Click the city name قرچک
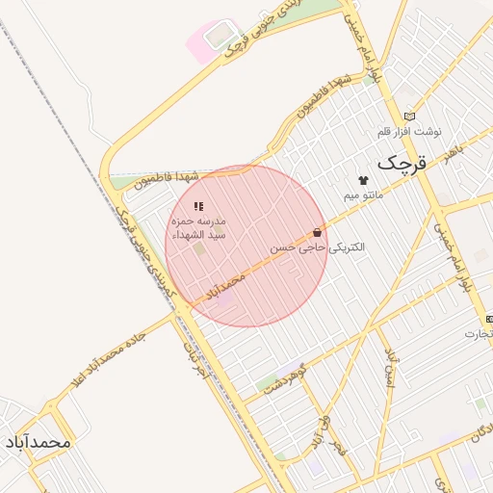(x=401, y=164)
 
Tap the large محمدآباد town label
(x=38, y=442)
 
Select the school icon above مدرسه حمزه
(x=198, y=206)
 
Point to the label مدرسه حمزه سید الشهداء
(x=199, y=227)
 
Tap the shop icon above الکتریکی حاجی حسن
(x=318, y=232)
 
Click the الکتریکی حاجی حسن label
(x=318, y=247)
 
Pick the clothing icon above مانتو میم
(x=363, y=180)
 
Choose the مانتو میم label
(x=364, y=195)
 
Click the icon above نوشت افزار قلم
(x=410, y=116)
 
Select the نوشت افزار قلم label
(x=409, y=131)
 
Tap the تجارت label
(x=479, y=333)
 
